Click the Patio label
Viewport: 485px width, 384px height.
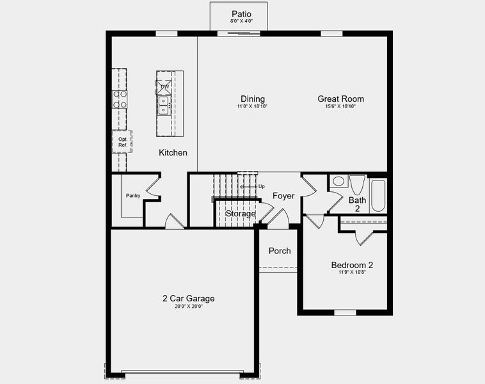241,13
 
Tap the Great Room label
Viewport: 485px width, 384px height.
340,99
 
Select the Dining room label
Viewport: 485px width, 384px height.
253,99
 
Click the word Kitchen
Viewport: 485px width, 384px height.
173,152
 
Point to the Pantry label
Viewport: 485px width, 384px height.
133,196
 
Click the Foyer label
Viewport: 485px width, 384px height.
283,196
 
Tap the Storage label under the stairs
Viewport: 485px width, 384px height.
241,213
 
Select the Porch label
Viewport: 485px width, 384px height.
280,251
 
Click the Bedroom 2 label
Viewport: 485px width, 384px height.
352,265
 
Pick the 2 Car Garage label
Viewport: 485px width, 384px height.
188,298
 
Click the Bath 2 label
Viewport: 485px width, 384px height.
357,204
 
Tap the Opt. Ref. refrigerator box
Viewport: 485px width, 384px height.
122,142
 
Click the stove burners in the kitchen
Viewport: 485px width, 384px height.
120,99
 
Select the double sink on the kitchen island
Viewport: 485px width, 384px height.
164,105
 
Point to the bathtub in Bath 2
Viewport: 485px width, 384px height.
378,195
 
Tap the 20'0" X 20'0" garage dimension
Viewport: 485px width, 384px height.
188,307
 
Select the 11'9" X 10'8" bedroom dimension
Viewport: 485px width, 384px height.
352,273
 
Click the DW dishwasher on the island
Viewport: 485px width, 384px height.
164,86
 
